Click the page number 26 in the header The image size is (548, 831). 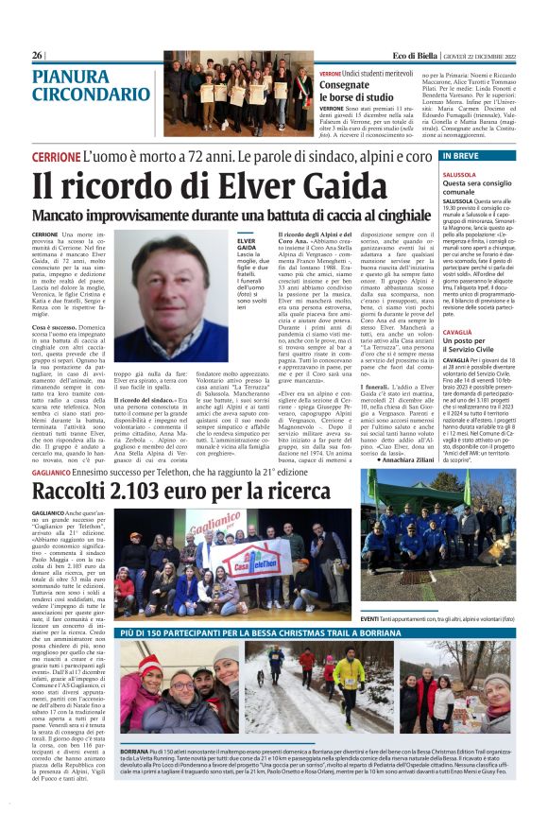tap(37, 55)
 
